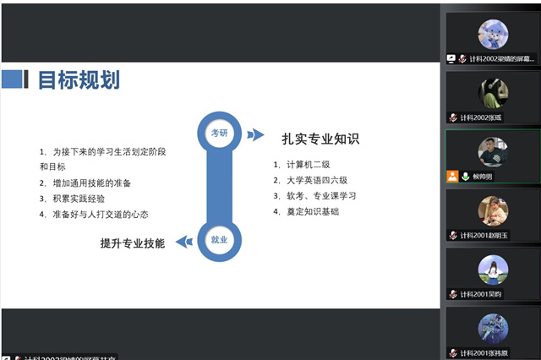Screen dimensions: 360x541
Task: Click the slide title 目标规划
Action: click(x=79, y=79)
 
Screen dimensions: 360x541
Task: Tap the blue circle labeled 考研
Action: click(x=219, y=133)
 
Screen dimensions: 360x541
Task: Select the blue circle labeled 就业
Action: click(x=219, y=240)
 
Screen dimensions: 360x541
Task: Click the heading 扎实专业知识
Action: click(x=320, y=138)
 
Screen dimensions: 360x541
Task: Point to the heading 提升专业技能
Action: click(x=133, y=243)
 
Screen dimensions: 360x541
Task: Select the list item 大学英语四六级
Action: click(x=315, y=180)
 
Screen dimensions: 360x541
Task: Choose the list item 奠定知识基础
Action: click(x=310, y=211)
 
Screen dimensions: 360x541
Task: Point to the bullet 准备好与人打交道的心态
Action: click(x=99, y=215)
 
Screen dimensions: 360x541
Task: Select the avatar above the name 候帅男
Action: click(x=493, y=151)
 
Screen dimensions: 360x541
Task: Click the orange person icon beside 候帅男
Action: click(x=452, y=177)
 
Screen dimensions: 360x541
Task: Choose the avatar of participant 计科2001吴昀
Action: click(x=493, y=270)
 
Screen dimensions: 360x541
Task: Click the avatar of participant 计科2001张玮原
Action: click(x=493, y=328)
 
